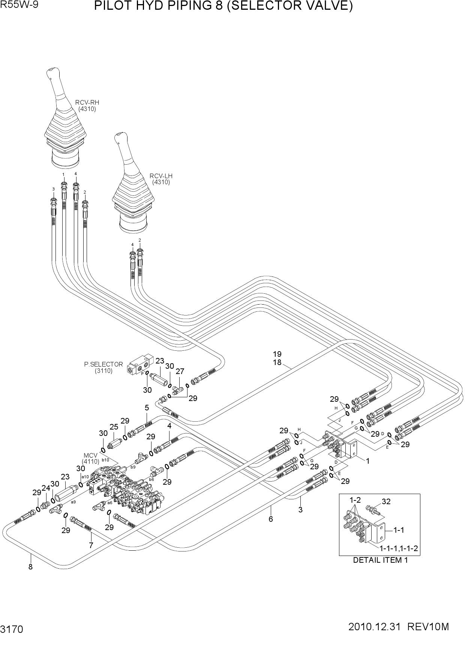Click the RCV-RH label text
pyautogui.click(x=87, y=102)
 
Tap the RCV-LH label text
pyautogui.click(x=161, y=176)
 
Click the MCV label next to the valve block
pyautogui.click(x=90, y=455)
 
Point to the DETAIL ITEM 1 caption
pyautogui.click(x=380, y=560)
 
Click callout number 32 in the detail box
pyautogui.click(x=386, y=502)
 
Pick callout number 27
pyautogui.click(x=180, y=371)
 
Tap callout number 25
pyautogui.click(x=114, y=427)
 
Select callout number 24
pyautogui.click(x=46, y=488)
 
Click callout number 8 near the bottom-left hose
pyautogui.click(x=30, y=567)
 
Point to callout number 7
pyautogui.click(x=91, y=545)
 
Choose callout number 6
pyautogui.click(x=270, y=519)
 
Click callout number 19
pyautogui.click(x=277, y=354)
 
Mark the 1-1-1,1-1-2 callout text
pyautogui.click(x=399, y=548)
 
